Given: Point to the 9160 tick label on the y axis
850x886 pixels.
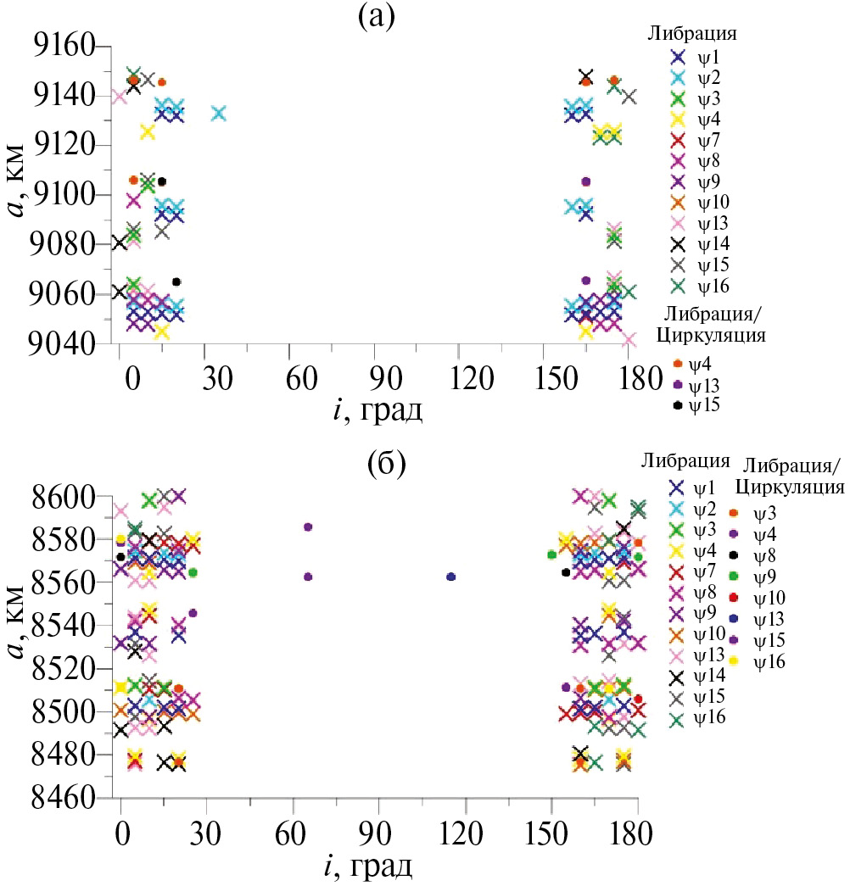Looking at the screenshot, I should (60, 46).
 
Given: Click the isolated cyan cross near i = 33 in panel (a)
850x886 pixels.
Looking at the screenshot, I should (219, 114).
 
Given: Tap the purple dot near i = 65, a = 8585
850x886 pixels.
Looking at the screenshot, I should (308, 527).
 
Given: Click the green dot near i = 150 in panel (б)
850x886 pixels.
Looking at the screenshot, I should (552, 554).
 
